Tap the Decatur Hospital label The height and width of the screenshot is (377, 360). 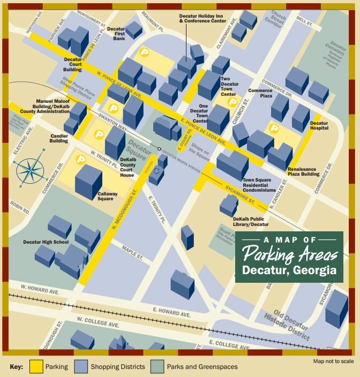[319, 126]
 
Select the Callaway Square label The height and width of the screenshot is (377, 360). [106, 196]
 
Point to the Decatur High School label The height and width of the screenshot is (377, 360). [46, 242]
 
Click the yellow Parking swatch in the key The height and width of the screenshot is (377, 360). [36, 367]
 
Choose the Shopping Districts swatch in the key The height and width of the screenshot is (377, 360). [81, 367]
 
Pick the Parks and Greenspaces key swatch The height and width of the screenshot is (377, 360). [157, 367]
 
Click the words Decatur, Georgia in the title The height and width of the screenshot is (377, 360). [289, 270]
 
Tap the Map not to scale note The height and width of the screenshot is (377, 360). [333, 361]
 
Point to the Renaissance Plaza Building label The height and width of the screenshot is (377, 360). [303, 172]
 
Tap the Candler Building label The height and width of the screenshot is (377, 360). [59, 139]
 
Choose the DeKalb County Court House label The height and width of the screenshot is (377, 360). [127, 168]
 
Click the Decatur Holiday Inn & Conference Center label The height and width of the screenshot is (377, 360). [202, 18]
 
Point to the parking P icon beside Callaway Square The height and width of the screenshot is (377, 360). [81, 159]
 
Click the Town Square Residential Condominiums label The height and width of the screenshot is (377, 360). [259, 185]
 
